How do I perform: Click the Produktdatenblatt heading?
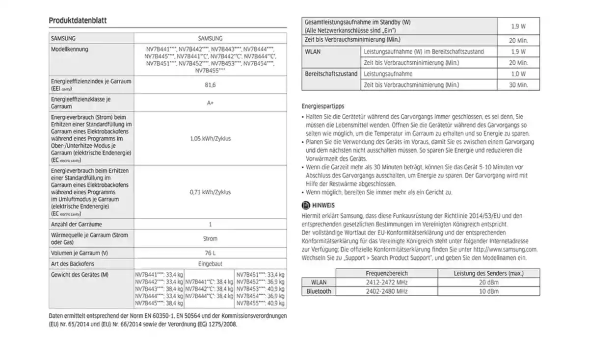78,21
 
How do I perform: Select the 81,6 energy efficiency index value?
210,85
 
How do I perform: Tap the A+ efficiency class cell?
210,103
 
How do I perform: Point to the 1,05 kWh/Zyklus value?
210,139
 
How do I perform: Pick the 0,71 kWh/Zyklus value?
210,192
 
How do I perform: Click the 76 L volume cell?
210,253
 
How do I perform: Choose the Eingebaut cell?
210,264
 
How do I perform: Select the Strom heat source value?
210,239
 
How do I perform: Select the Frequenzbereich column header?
386,273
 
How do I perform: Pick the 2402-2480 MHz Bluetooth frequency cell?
386,291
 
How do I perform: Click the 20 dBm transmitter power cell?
488,282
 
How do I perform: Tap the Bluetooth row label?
319,291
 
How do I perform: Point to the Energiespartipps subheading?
322,106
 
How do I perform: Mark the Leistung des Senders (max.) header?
488,273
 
